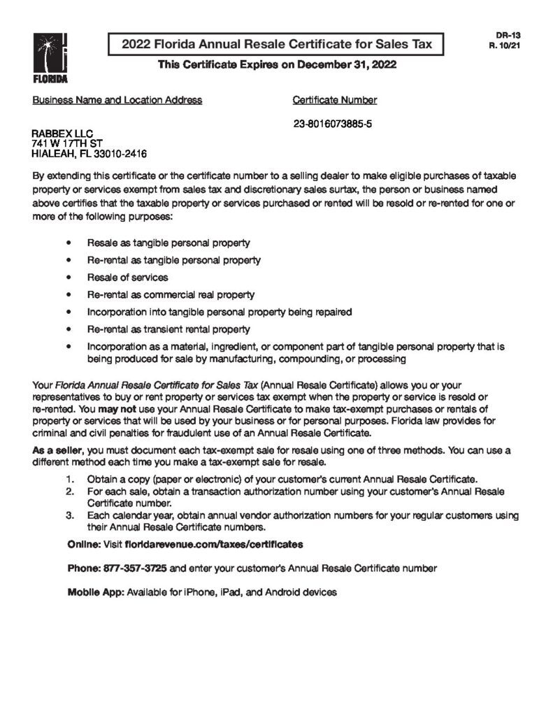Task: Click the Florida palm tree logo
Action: (48, 52)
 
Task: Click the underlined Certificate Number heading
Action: (334, 100)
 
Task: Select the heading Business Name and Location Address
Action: (117, 100)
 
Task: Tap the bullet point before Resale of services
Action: (67, 278)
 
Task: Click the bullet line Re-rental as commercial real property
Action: (171, 295)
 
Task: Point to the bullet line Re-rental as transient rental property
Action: (168, 329)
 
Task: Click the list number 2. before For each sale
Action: (70, 492)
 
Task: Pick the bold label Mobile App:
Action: (95, 592)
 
